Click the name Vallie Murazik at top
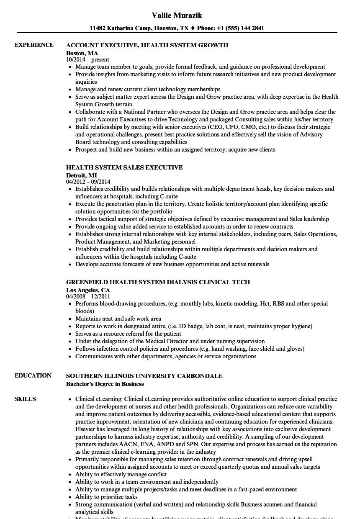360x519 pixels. point(177,15)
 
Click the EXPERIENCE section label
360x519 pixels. point(34,45)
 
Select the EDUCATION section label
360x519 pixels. point(33,375)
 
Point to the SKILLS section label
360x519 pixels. point(25,399)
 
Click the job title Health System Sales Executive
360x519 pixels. point(124,167)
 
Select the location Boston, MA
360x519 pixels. point(82,53)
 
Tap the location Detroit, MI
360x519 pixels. point(82,175)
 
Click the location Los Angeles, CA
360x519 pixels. point(88,290)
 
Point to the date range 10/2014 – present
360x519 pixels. point(87,60)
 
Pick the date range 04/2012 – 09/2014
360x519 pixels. point(88,182)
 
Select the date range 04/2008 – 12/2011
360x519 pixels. point(88,297)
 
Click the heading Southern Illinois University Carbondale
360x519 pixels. point(144,376)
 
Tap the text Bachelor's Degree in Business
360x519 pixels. point(105,384)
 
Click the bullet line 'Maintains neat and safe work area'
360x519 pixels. point(118,319)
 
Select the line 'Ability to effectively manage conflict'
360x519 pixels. point(121,474)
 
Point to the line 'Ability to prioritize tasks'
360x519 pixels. point(106,497)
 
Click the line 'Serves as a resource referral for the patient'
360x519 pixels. point(128,334)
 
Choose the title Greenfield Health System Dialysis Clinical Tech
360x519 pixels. point(158,282)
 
